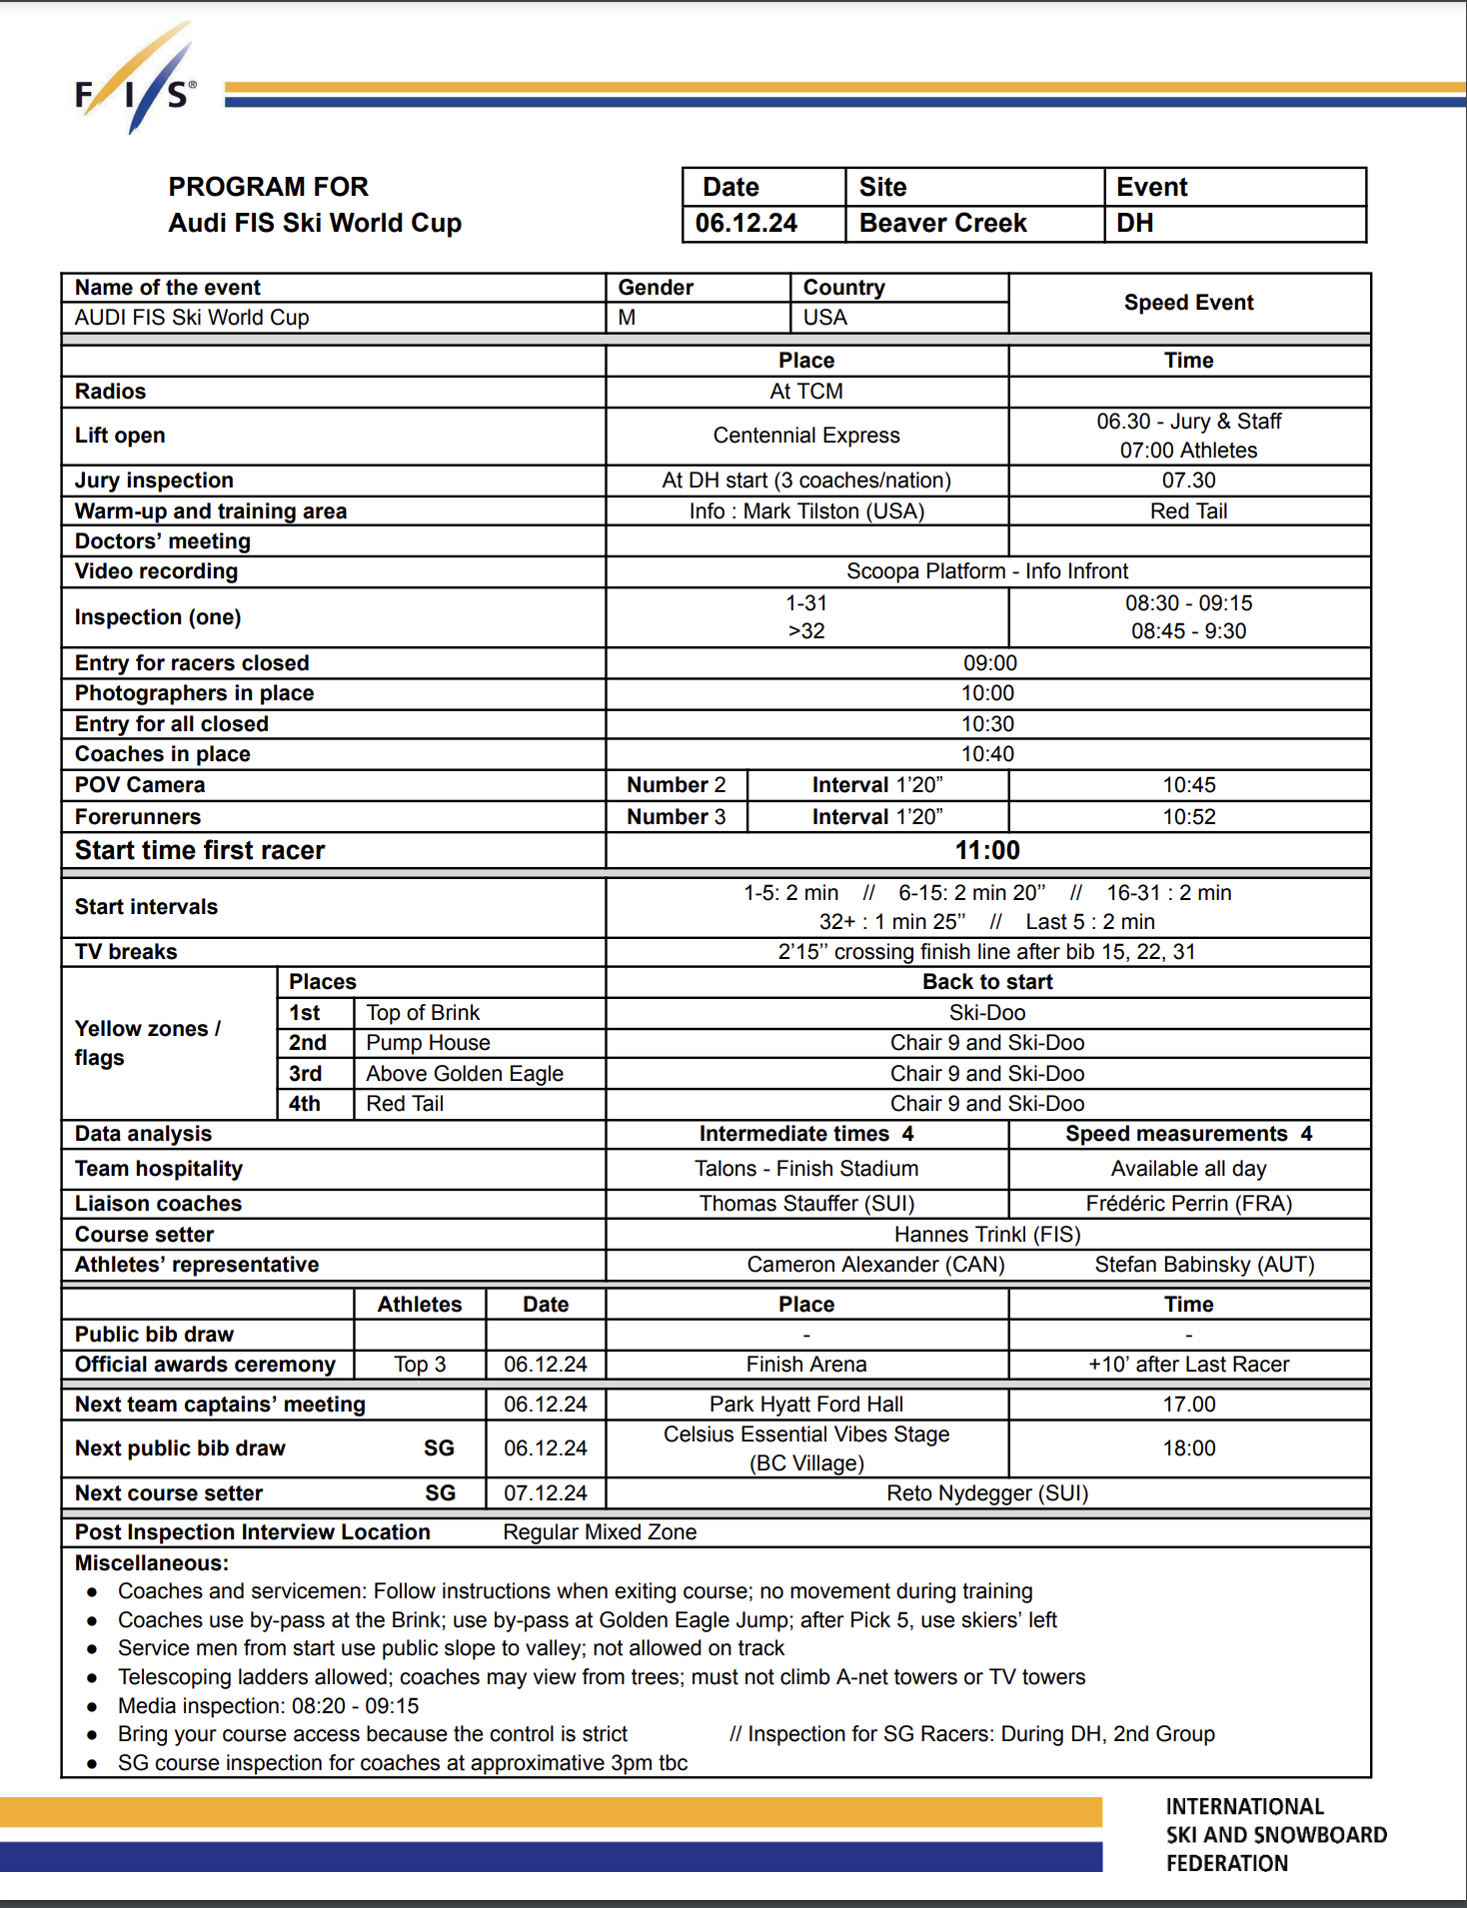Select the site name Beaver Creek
(942, 223)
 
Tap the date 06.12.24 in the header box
(746, 223)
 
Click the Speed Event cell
(1188, 303)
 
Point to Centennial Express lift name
(805, 436)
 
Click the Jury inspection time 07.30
(1188, 480)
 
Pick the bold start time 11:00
(987, 850)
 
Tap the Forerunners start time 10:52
(1188, 817)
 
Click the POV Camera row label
(140, 785)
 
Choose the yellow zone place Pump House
(428, 1043)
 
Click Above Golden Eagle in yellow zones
(465, 1074)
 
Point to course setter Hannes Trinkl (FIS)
(987, 1235)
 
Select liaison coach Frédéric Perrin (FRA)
(1188, 1204)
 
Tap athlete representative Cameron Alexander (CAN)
(875, 1265)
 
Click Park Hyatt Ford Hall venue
(805, 1405)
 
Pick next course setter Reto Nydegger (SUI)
(987, 1493)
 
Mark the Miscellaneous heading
(152, 1562)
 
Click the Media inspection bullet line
(268, 1706)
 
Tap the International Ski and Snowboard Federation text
(1275, 1835)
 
